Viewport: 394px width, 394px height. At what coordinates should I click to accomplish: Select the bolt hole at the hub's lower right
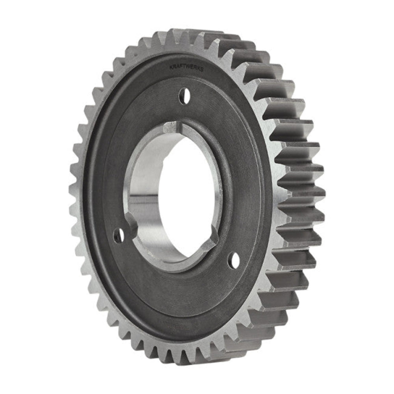(x=235, y=260)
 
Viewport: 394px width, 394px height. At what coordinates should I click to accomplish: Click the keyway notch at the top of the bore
(x=173, y=127)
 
